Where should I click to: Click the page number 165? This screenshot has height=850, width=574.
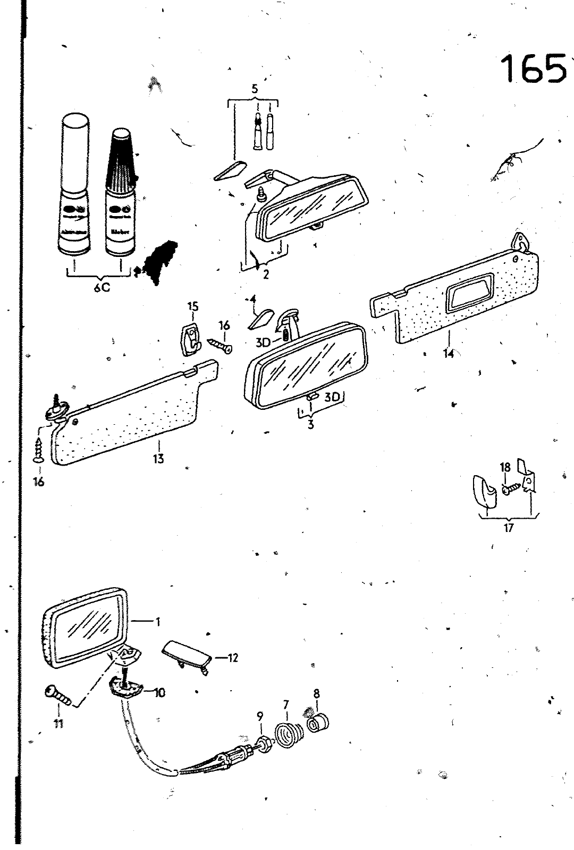[533, 69]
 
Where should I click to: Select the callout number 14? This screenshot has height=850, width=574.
[449, 353]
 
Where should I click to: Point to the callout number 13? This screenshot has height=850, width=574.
[158, 458]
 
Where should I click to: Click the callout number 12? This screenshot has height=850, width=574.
[232, 658]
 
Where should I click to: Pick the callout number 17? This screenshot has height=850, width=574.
[509, 528]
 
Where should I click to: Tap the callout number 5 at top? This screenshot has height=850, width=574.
[255, 89]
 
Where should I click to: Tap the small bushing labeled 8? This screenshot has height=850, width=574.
[319, 723]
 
